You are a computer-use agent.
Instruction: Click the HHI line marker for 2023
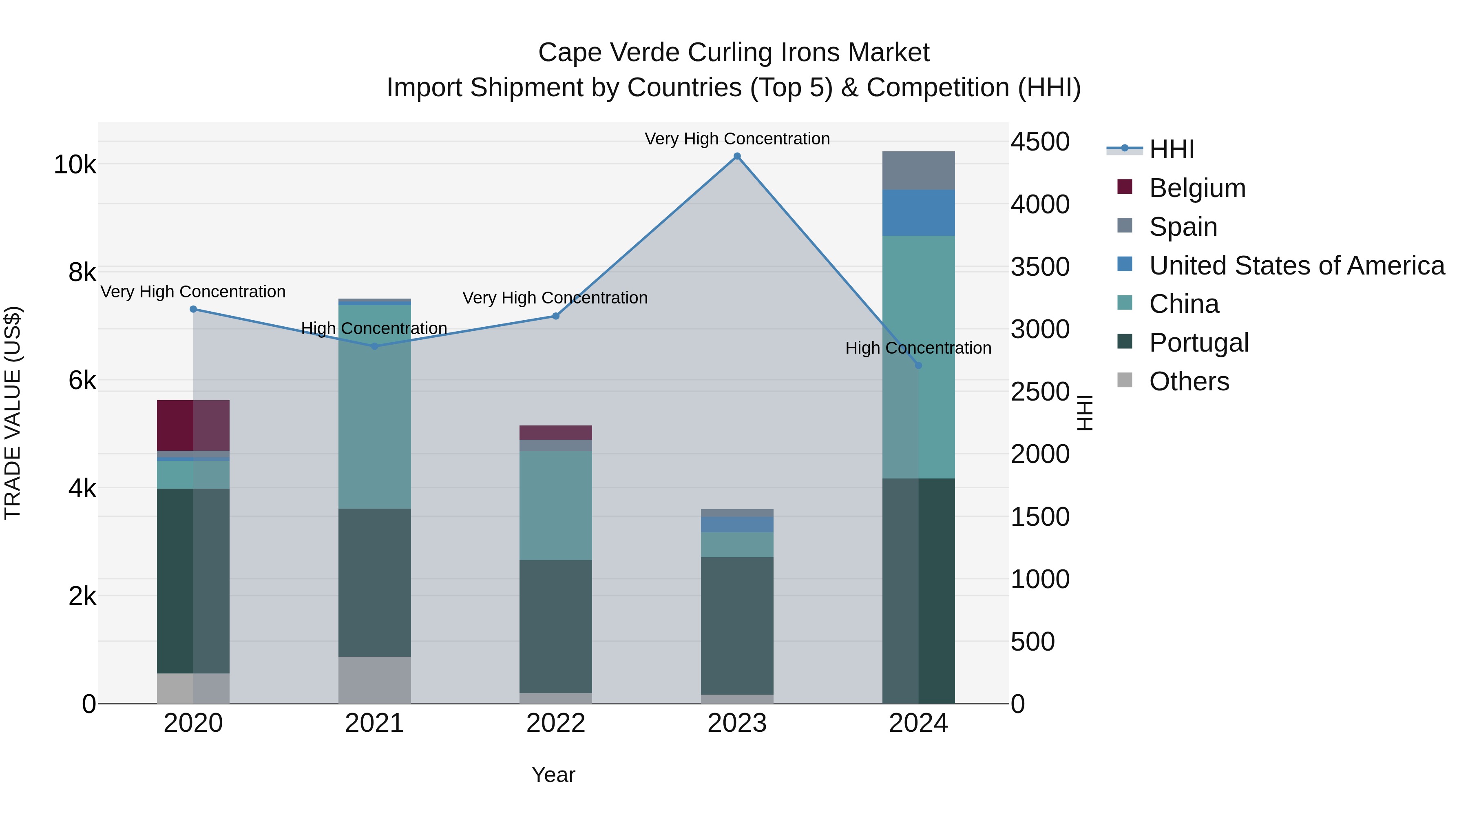(x=737, y=156)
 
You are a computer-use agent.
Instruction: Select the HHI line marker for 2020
(x=193, y=309)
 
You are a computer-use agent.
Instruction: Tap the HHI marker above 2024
(x=918, y=365)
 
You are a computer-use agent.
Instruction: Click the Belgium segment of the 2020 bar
(x=193, y=425)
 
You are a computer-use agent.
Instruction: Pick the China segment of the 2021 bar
(x=374, y=406)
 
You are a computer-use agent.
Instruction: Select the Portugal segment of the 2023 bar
(x=737, y=625)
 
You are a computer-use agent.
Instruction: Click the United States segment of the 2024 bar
(x=918, y=213)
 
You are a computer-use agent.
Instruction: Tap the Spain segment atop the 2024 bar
(x=918, y=171)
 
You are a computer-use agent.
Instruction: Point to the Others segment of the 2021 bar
(x=374, y=680)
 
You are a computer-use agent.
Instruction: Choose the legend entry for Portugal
(x=1198, y=343)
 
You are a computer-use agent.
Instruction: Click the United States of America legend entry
(x=1296, y=266)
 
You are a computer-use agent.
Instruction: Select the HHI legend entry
(x=1171, y=149)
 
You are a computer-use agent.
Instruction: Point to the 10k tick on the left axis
(x=75, y=165)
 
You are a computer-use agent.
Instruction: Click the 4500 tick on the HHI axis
(x=1040, y=142)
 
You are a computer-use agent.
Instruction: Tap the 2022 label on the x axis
(x=556, y=723)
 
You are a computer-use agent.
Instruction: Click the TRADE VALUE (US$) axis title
(x=13, y=413)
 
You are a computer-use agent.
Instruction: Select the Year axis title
(x=553, y=775)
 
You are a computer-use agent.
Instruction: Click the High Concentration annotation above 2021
(x=374, y=328)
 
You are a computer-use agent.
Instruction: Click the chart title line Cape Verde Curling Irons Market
(x=734, y=53)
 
